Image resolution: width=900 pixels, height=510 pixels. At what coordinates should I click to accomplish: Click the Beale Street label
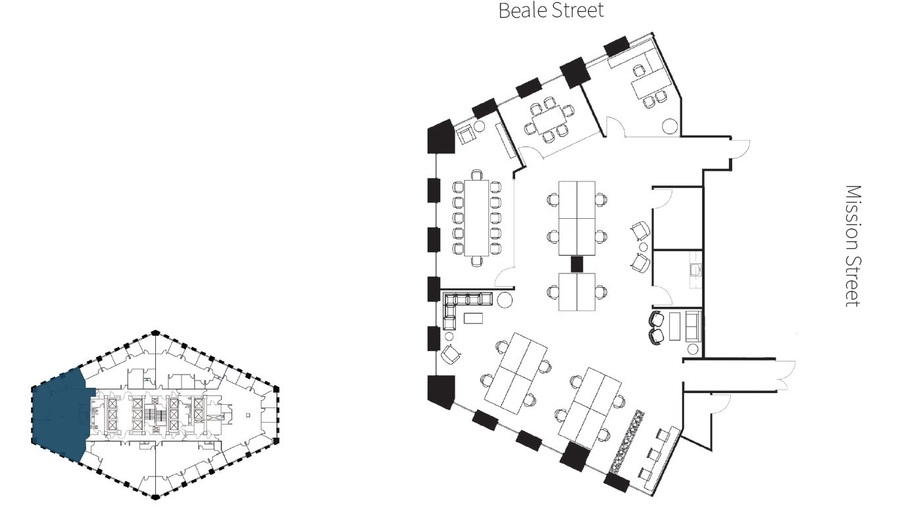(551, 11)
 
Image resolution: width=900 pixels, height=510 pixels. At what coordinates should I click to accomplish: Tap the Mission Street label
(853, 245)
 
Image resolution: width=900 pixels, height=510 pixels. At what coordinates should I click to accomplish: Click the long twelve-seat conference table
(476, 217)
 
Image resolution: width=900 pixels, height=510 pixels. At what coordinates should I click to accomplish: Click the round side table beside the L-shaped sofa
(505, 301)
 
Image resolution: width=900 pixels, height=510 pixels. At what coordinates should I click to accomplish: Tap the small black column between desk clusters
(577, 264)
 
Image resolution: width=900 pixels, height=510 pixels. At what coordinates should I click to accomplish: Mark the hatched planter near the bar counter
(626, 441)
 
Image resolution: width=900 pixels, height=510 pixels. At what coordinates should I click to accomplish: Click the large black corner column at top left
(441, 137)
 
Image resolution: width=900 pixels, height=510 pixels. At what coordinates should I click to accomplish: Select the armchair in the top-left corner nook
(466, 134)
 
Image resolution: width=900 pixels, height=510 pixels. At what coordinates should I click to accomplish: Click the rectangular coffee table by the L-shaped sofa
(473, 318)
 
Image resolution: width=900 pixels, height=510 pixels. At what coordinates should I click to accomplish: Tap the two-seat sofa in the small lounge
(692, 327)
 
